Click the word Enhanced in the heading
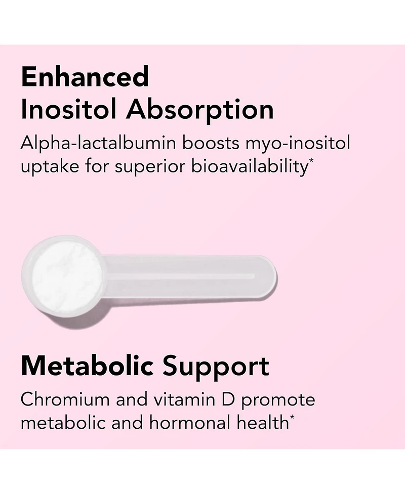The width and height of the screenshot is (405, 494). pyautogui.click(x=85, y=77)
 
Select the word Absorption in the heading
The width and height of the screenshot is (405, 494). pyautogui.click(x=200, y=110)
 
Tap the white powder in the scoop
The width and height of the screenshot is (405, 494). pyautogui.click(x=66, y=277)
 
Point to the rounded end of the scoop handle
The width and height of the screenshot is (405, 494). pyautogui.click(x=268, y=277)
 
